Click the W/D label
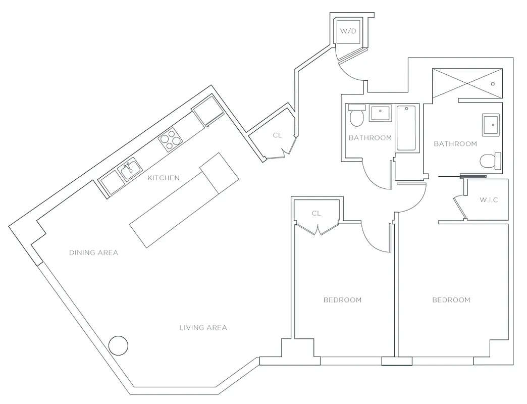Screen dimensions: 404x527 pyautogui.click(x=348, y=31)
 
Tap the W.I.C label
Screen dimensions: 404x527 pyautogui.click(x=489, y=200)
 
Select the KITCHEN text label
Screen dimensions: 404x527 pyautogui.click(x=163, y=178)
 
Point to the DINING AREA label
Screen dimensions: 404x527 pyautogui.click(x=93, y=252)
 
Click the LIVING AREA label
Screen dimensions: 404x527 pyautogui.click(x=203, y=327)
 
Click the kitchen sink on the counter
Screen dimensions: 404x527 pyautogui.click(x=129, y=168)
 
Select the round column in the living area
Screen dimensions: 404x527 pyautogui.click(x=119, y=346)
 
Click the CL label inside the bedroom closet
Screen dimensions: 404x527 pyautogui.click(x=316, y=213)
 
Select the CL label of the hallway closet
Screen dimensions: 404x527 pyautogui.click(x=277, y=135)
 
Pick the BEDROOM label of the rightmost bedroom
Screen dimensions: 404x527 pyautogui.click(x=451, y=299)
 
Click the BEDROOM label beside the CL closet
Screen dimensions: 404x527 pyautogui.click(x=342, y=299)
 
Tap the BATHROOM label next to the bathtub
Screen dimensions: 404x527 pyautogui.click(x=370, y=138)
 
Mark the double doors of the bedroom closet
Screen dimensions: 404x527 pyautogui.click(x=317, y=230)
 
